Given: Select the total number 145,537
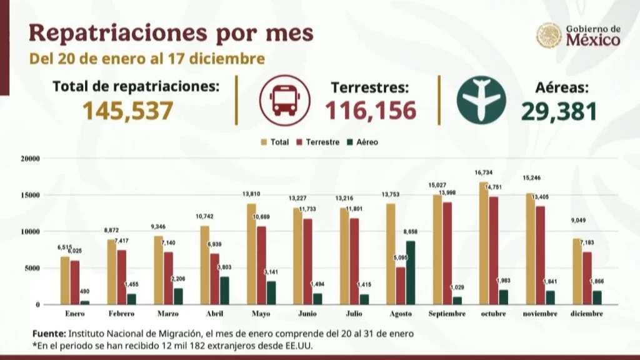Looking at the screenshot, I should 127,111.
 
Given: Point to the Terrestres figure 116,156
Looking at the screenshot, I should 370,111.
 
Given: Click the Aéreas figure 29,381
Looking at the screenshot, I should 558,111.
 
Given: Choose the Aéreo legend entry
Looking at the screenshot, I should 362,142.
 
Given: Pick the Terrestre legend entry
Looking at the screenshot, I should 317,142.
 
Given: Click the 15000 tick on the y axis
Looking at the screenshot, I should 30,195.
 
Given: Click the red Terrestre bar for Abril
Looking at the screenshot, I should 214,279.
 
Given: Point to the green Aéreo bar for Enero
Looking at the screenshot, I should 84,302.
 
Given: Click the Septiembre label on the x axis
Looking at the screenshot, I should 447,314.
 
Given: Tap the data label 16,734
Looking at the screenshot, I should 482,171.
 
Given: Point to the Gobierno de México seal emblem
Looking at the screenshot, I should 549,36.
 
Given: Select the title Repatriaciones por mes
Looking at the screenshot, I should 171,32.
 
